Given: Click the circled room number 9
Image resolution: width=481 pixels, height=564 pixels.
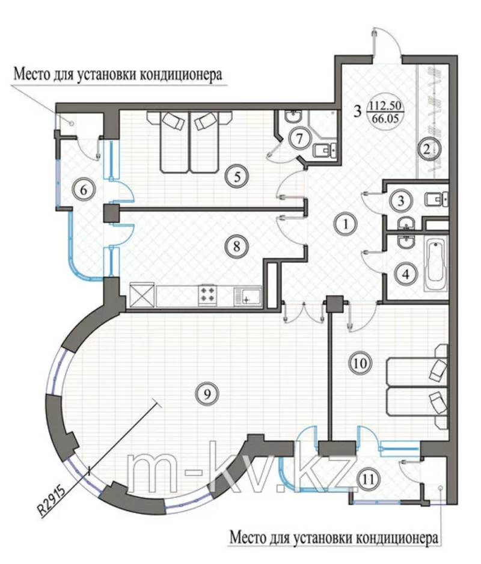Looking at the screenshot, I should (x=206, y=394).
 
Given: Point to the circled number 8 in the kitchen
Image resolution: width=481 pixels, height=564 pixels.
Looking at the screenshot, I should (x=236, y=245).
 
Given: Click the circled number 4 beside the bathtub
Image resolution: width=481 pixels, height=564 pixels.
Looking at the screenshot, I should (x=407, y=275).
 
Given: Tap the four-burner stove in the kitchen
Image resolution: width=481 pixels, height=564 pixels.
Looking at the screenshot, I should (x=209, y=295).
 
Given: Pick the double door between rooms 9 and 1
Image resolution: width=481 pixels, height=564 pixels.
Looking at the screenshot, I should (x=304, y=313).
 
